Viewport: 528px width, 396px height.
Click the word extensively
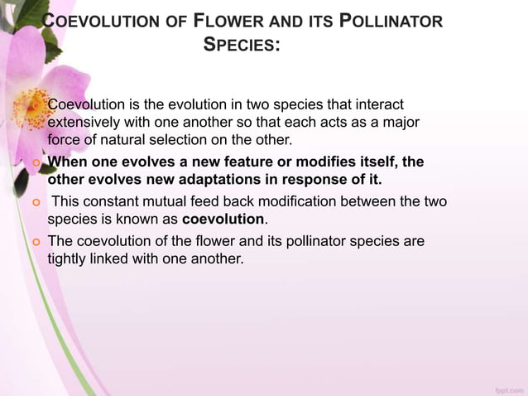click(89, 122)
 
